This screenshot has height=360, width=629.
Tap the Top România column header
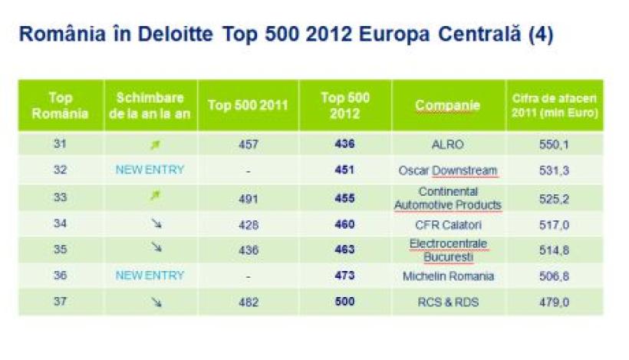click(60, 106)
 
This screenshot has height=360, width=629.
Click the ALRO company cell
click(448, 144)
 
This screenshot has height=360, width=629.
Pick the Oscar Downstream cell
click(448, 170)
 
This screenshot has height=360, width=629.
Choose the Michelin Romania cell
click(448, 276)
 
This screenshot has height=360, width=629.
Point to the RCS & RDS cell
click(448, 302)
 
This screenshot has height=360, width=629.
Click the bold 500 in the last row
click(344, 302)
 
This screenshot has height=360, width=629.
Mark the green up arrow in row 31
click(154, 144)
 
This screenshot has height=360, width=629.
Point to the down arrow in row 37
click(156, 302)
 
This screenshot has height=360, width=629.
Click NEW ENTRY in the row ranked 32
click(150, 170)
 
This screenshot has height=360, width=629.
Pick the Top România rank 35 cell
click(60, 249)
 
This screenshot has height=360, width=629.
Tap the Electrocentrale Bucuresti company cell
click(448, 249)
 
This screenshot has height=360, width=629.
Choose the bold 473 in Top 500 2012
click(344, 276)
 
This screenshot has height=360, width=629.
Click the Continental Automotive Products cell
click(448, 197)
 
